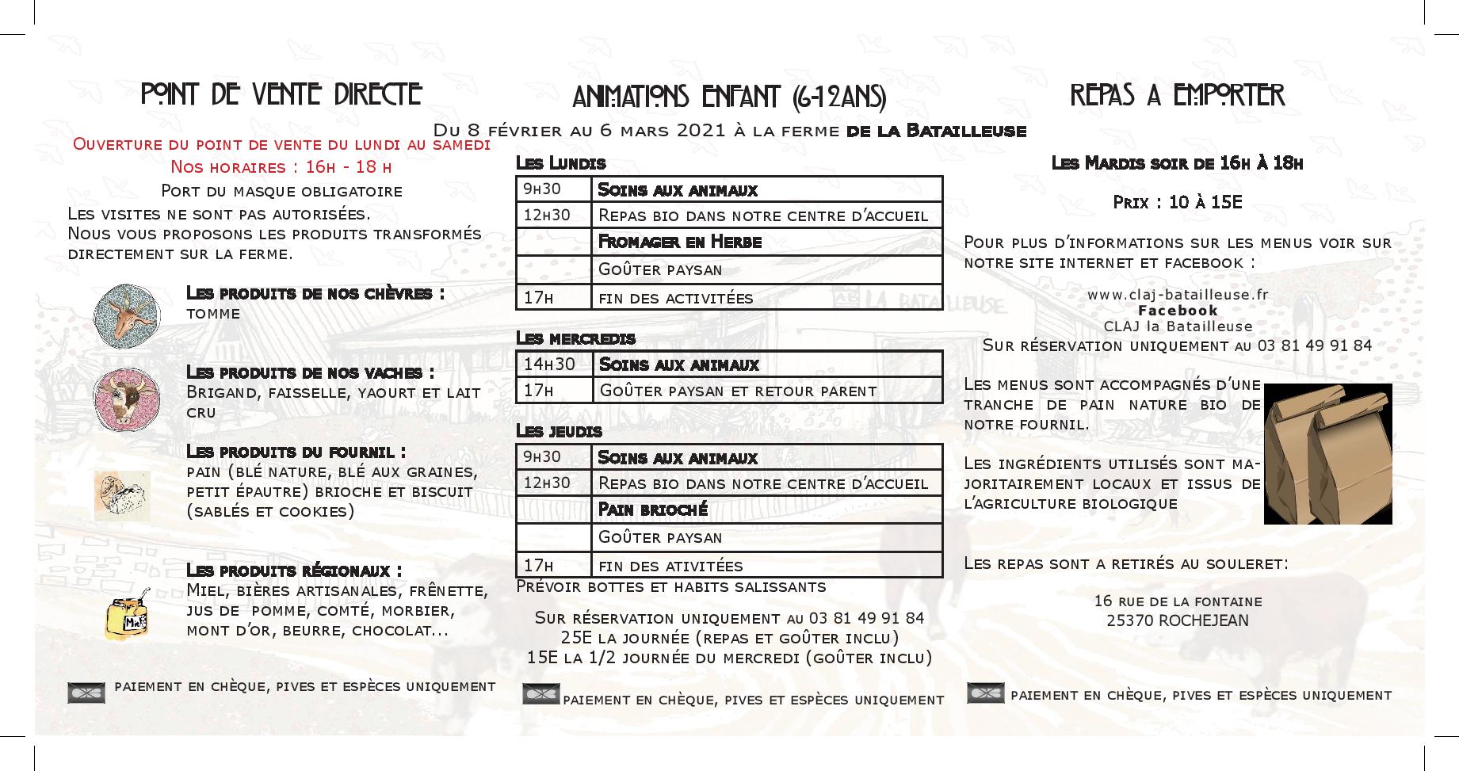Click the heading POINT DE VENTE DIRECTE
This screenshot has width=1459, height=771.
(281, 94)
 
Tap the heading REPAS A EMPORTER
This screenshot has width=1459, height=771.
(1177, 95)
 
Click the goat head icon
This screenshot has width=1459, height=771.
(126, 315)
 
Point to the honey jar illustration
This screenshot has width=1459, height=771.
(127, 616)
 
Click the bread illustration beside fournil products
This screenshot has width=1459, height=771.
(122, 495)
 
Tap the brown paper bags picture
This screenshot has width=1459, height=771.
(1327, 453)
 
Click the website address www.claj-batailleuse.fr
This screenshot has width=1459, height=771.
(1178, 295)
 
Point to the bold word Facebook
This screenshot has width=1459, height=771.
(1178, 311)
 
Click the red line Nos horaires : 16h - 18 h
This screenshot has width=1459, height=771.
(281, 167)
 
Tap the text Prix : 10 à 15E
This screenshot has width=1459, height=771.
(1177, 203)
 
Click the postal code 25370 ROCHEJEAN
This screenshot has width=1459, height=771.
(1177, 621)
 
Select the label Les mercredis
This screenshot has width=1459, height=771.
(575, 338)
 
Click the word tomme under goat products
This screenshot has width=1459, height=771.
(213, 314)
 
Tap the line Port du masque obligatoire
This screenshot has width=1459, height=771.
(281, 191)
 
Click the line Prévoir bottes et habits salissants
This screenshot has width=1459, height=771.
(670, 587)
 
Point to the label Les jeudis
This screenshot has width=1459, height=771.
(559, 432)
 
